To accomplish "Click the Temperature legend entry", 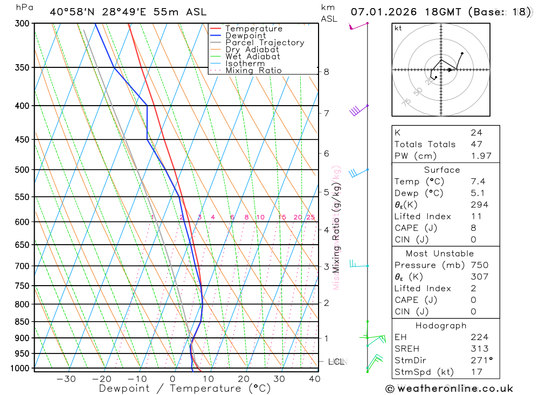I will coord(253,29).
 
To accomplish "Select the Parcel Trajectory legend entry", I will coord(264,43).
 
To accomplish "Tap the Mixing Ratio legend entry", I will coord(253,71).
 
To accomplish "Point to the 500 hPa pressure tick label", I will coord(22,170).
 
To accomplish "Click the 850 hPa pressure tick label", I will coord(22,322).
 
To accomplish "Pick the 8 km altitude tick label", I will coord(326,72).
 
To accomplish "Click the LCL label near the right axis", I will coord(336,362).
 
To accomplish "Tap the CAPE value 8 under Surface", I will coord(473,228).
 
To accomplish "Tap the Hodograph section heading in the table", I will coord(441,325).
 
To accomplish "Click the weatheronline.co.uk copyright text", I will coord(449,389).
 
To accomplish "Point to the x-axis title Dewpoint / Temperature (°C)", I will coord(184,388).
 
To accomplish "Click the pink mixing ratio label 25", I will coord(310,217).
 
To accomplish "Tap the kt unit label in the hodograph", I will coord(398,28).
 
